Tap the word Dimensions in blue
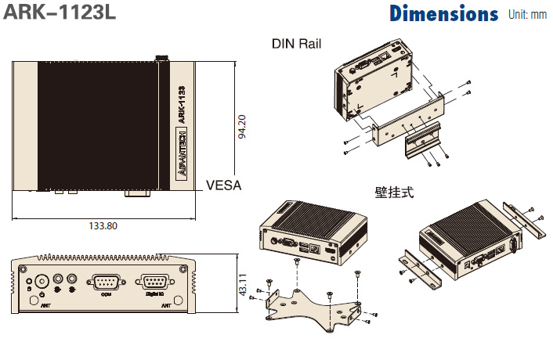[x=443, y=14]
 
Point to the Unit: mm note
[x=527, y=15]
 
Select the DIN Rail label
[x=296, y=44]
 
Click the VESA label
[x=223, y=185]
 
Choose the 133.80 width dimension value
[x=103, y=225]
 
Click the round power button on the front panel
[x=41, y=279]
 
